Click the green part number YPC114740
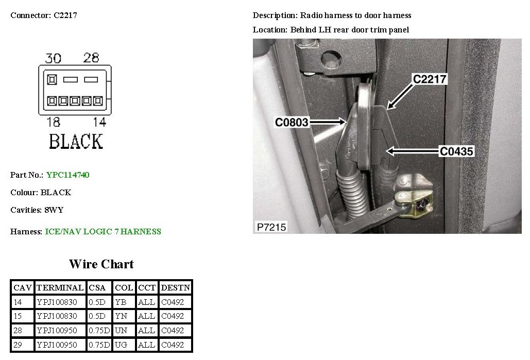[67, 175]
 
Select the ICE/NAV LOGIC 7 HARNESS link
[103, 232]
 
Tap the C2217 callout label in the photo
[430, 79]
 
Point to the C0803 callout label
[292, 122]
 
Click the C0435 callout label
[456, 151]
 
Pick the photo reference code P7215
[271, 227]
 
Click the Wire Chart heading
[101, 264]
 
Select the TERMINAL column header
[60, 287]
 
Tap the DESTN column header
[175, 287]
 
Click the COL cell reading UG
[122, 345]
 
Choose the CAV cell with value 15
[18, 316]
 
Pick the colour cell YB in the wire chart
[122, 302]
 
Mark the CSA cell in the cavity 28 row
[98, 331]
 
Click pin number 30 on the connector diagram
[53, 58]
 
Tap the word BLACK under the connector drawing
[76, 141]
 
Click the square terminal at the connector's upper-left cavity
[52, 80]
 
